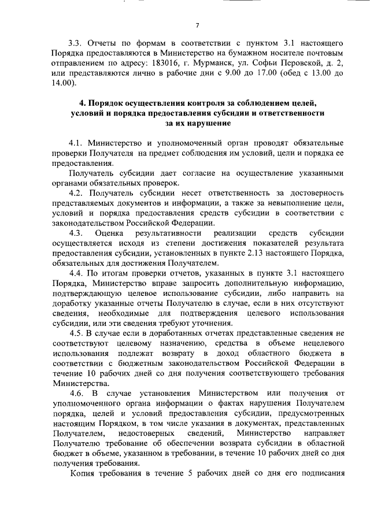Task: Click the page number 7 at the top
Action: pyautogui.click(x=197, y=24)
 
